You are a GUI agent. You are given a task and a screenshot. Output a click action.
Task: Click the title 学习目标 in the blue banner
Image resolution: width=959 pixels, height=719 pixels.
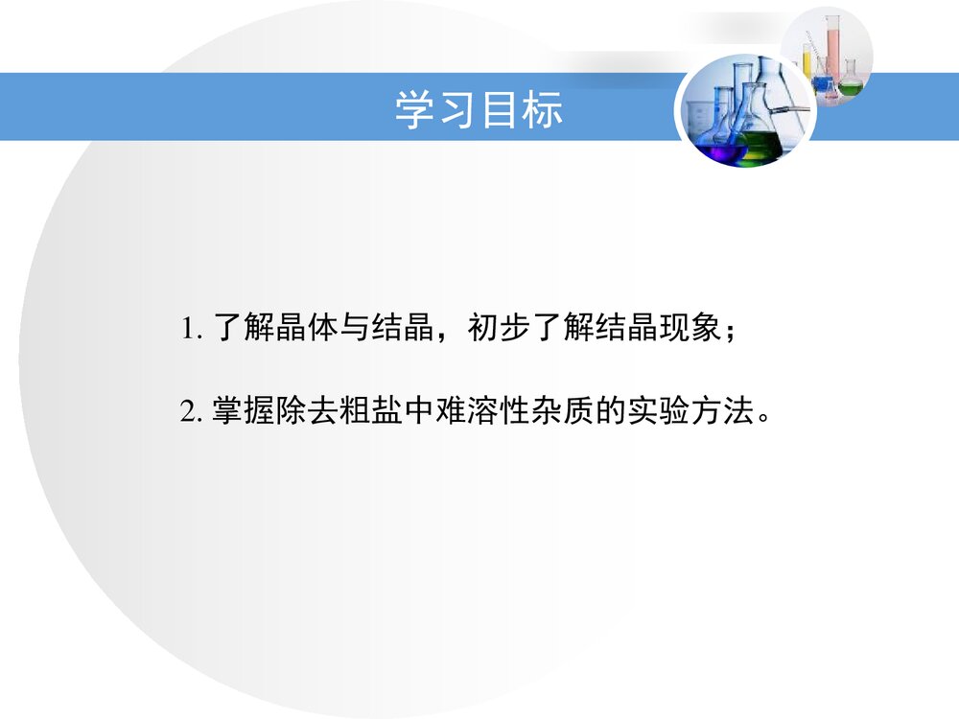coord(479,111)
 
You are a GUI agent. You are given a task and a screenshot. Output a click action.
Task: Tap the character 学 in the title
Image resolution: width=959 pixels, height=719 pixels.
coord(410,111)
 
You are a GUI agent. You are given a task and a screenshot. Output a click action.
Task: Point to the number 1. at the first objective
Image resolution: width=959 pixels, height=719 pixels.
coord(191,331)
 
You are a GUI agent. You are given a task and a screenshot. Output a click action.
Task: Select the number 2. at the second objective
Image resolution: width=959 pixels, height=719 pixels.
coord(191,413)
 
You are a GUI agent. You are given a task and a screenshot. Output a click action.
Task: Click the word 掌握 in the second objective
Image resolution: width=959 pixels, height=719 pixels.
coord(243,413)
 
